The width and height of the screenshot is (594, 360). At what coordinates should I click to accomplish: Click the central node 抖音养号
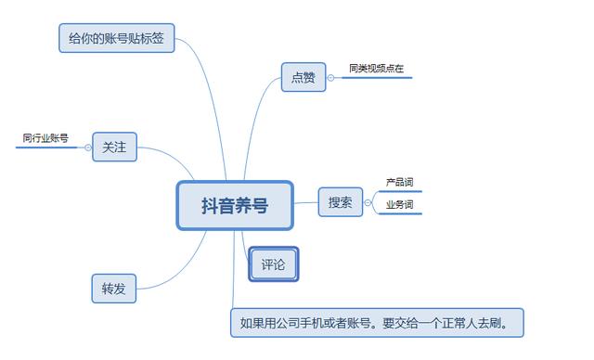(x=235, y=205)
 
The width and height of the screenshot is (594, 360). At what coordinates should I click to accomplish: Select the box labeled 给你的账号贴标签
(x=114, y=38)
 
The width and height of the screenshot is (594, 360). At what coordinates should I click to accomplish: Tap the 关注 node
(x=115, y=147)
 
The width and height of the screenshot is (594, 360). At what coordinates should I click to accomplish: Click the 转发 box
(x=114, y=289)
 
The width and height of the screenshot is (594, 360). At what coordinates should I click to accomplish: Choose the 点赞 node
(x=303, y=77)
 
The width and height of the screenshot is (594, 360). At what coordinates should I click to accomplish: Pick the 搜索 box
(x=341, y=201)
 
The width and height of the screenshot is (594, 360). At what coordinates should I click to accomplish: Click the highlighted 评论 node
(x=274, y=264)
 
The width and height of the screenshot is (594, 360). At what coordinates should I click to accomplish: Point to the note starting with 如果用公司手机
(x=377, y=323)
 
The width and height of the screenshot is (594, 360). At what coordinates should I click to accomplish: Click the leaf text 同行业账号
(x=45, y=138)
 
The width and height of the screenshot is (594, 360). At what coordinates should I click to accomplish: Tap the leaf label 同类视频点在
(x=376, y=69)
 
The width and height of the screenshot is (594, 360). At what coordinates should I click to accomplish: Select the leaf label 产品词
(x=399, y=182)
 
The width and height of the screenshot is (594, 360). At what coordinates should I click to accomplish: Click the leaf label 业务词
(x=399, y=204)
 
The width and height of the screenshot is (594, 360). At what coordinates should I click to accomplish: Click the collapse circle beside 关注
(x=88, y=147)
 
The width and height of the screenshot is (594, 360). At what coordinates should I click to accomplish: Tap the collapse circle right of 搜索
(x=368, y=202)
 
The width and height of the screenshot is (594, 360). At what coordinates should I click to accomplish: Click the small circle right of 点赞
(x=330, y=78)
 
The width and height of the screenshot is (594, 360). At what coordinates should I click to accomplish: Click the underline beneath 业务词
(x=399, y=213)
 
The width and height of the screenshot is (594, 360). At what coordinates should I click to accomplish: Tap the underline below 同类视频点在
(x=376, y=78)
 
